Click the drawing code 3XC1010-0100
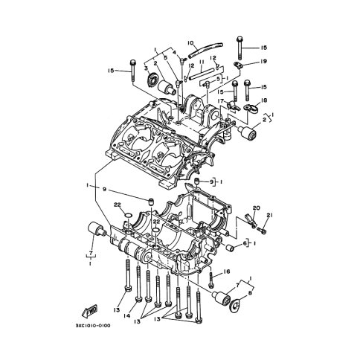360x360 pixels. (x=93, y=326)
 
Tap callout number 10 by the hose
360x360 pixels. (x=191, y=43)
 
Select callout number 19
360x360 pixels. (x=263, y=61)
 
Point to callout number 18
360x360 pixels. (x=264, y=100)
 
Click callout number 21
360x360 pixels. (x=269, y=216)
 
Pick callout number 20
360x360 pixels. (x=256, y=208)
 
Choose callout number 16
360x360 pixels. (x=227, y=271)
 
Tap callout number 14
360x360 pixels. (x=127, y=315)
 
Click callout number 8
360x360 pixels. (x=250, y=293)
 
